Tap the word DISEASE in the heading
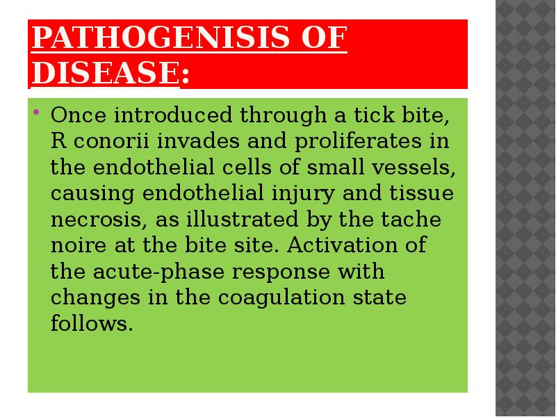(x=106, y=72)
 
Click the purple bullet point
(x=36, y=113)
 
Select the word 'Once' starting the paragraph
(x=79, y=115)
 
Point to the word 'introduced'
(x=173, y=115)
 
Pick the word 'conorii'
(x=111, y=141)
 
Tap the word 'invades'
(x=198, y=141)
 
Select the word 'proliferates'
(x=358, y=141)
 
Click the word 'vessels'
(x=414, y=167)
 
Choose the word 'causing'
(x=92, y=194)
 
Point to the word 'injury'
(x=303, y=194)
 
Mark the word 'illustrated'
(x=242, y=219)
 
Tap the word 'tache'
(x=411, y=219)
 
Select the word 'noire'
(x=79, y=245)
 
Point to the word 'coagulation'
(x=281, y=297)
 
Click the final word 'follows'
(x=92, y=323)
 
